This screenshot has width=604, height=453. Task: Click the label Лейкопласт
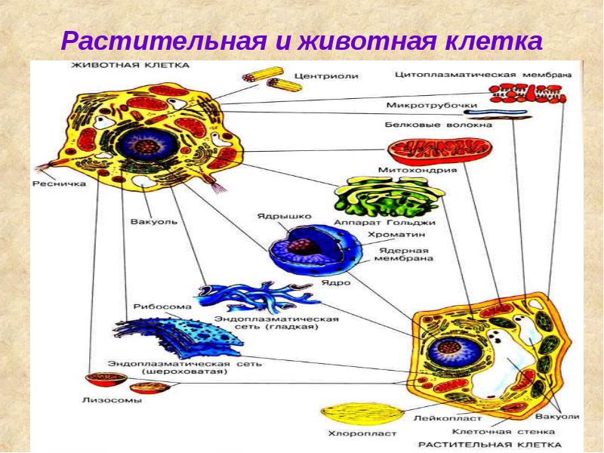tap(437, 418)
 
